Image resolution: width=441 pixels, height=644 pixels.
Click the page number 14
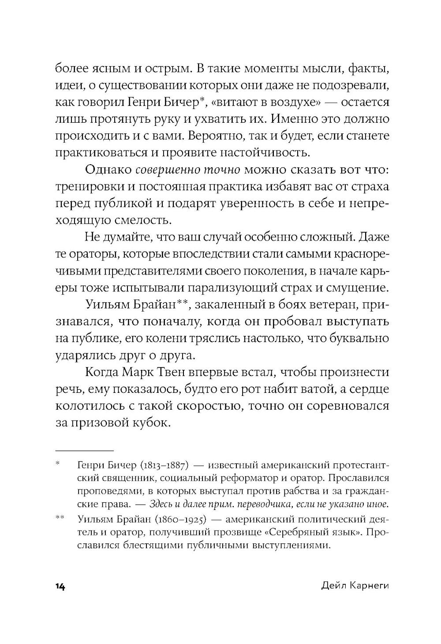[x=60, y=587]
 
